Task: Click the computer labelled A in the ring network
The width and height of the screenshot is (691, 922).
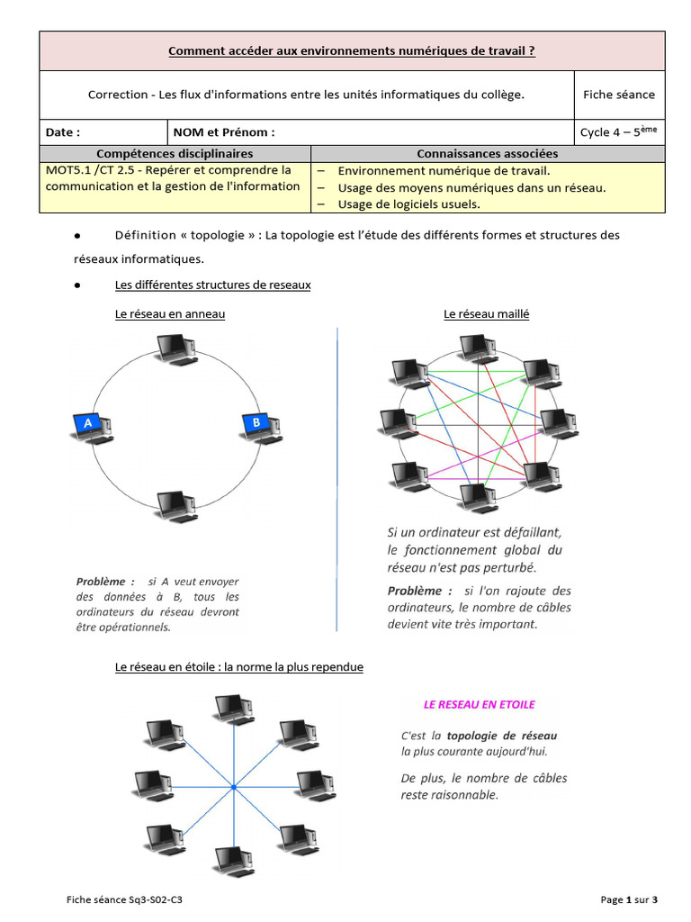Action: (91, 426)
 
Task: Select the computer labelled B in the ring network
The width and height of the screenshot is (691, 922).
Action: (260, 425)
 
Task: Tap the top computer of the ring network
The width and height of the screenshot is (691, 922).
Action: (175, 349)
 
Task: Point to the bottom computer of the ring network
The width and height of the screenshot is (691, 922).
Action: (176, 507)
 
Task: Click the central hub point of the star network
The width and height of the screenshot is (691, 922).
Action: (234, 788)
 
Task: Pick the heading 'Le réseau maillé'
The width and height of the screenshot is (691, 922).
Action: (486, 314)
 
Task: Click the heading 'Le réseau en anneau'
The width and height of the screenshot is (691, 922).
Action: (170, 314)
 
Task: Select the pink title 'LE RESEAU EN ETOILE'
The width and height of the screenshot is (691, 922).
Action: (480, 704)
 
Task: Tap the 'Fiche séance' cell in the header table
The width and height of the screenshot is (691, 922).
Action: (618, 95)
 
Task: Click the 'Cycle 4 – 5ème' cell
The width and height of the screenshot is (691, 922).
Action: (618, 131)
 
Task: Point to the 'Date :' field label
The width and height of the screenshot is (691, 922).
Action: (63, 132)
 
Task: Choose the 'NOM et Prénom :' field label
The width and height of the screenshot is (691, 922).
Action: (224, 132)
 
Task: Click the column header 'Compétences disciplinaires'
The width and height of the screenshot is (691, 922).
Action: (175, 154)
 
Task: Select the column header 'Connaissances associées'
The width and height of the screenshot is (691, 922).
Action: (487, 154)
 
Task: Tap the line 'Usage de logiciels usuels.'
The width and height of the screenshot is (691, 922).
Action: (408, 203)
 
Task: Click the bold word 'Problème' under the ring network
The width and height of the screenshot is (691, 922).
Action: (105, 582)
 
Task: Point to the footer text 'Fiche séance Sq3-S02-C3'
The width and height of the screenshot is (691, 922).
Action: (130, 899)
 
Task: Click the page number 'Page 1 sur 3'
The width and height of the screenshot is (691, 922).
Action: (629, 899)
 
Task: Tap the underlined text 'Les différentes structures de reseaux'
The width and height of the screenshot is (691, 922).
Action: (212, 285)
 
